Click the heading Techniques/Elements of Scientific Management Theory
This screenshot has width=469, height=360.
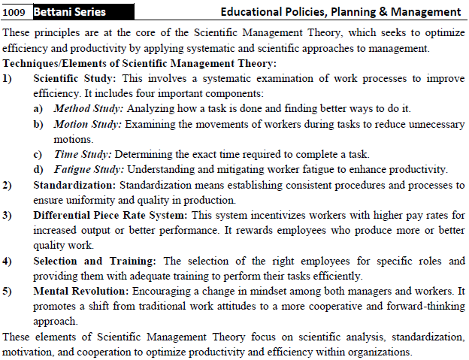(140, 63)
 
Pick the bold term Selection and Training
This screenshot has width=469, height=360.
(94, 261)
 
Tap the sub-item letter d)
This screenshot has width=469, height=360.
(38, 169)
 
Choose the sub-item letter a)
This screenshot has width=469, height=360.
(38, 109)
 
